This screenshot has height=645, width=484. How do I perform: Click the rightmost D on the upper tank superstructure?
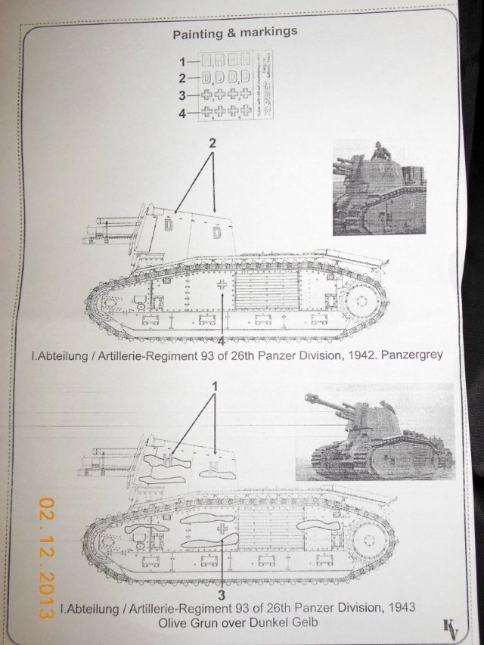tap(217, 233)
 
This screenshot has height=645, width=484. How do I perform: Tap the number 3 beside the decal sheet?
tap(181, 95)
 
